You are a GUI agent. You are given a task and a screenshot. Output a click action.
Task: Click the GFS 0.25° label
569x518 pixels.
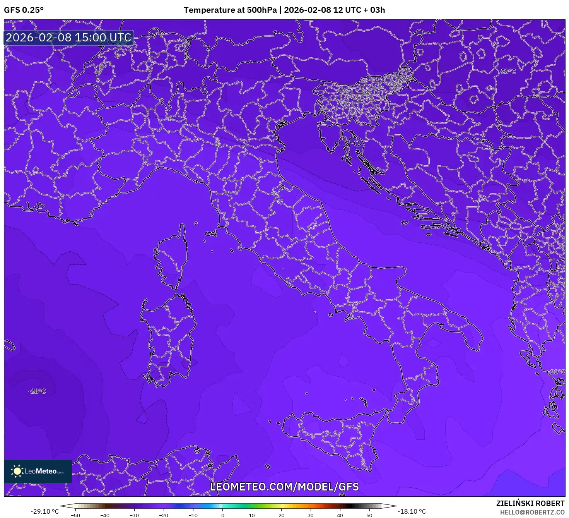coord(24,10)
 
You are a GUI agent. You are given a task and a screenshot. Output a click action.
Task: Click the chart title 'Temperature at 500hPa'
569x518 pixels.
coord(230,10)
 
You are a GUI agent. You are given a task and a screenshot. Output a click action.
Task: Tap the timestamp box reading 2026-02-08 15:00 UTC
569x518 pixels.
coord(69,38)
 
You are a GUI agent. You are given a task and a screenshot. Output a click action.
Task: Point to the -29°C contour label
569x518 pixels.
coord(507,71)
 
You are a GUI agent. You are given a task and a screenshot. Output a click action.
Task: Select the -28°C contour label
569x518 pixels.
coord(37,391)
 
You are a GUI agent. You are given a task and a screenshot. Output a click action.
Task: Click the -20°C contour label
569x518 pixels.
coord(556,372)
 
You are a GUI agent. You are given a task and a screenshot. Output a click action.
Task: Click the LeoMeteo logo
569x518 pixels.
coord(38,471)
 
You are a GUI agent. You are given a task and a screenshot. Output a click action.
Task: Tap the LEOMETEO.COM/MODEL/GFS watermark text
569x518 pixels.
coord(284,487)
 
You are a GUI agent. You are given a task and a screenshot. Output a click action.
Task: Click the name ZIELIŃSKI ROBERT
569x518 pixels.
coord(530,503)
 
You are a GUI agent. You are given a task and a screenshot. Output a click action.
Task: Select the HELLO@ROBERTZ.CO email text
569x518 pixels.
coord(532,512)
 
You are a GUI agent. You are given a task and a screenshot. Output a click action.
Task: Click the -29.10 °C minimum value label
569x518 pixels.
coord(45,511)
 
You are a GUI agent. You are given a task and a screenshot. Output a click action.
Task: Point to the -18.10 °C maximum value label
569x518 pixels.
coord(412,511)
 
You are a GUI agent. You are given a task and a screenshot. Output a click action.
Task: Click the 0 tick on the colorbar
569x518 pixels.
coord(222,515)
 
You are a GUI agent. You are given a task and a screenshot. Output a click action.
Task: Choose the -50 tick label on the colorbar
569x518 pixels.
coord(75,515)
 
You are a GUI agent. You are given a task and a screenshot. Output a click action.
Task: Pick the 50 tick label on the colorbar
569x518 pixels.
coord(369,515)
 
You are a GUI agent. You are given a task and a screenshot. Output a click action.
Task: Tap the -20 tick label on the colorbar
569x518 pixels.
coord(164,515)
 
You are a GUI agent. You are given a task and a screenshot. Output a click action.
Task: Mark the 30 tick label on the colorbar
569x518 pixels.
coord(311,515)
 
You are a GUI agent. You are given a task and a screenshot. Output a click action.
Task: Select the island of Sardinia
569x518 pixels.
coord(168,341)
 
